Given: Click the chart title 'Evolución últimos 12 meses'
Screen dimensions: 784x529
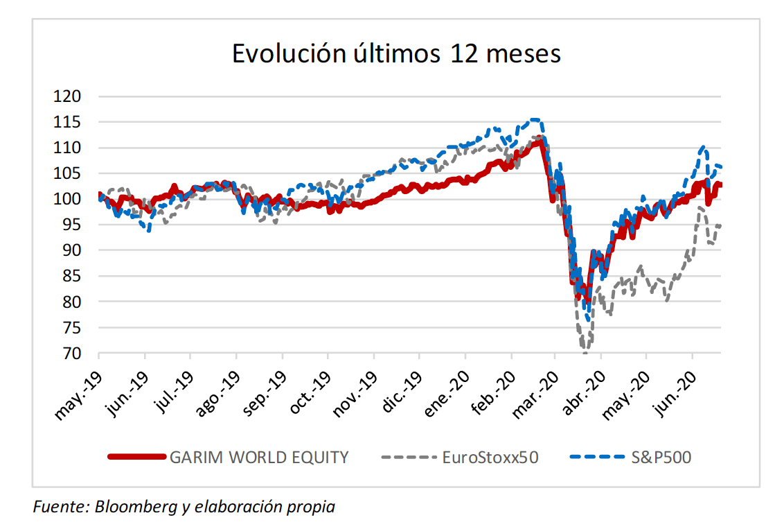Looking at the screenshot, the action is coord(396,53).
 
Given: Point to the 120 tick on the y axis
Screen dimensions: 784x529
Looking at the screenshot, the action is coord(67,96).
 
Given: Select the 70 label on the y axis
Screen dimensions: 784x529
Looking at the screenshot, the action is coord(72,354).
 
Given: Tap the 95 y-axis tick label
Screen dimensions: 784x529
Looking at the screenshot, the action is coord(72,225).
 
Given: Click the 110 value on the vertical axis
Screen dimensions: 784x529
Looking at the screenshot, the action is coord(67,148).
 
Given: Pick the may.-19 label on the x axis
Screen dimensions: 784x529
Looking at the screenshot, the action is coord(78,395).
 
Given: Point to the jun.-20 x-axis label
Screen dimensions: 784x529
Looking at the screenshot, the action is coord(675,393).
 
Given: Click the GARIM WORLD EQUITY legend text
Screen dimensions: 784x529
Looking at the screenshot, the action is coord(259,458).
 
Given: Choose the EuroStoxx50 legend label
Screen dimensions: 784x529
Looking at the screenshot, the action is coord(490,458).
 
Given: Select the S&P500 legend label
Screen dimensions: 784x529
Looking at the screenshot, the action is coord(661,458).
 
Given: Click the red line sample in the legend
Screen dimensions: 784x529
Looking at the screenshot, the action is coord(137,457).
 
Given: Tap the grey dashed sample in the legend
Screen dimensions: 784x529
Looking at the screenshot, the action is coord(409,457).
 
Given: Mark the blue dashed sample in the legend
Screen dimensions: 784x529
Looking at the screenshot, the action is coord(598,457).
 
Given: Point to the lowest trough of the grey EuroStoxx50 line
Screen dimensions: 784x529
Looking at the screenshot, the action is coord(585,352).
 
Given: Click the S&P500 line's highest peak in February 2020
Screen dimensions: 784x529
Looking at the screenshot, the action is coord(535,120).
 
